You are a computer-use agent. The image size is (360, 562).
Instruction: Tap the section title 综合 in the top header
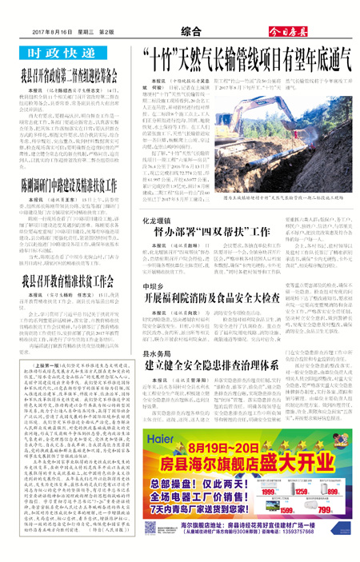click(189, 31)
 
